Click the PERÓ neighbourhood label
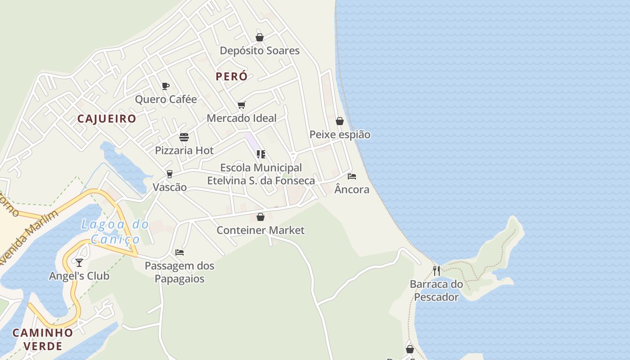[x=231, y=76]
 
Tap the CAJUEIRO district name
[x=107, y=119]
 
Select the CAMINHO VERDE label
[x=43, y=339]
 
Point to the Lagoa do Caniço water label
[x=115, y=232]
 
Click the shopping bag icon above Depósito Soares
[x=260, y=37]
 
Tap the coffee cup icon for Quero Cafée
[x=166, y=86]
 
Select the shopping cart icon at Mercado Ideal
[x=242, y=105]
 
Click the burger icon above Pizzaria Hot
[x=184, y=137]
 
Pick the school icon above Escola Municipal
[x=261, y=154]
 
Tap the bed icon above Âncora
[x=352, y=176]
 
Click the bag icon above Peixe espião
[x=340, y=121]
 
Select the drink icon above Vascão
[x=170, y=174]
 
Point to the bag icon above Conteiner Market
[x=261, y=217]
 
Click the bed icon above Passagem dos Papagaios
[x=180, y=252]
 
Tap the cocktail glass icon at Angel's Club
[x=79, y=262]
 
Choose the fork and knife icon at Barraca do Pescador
[x=436, y=270]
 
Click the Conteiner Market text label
[x=261, y=230]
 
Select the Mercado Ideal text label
[x=242, y=118]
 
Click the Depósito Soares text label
[x=260, y=51]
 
